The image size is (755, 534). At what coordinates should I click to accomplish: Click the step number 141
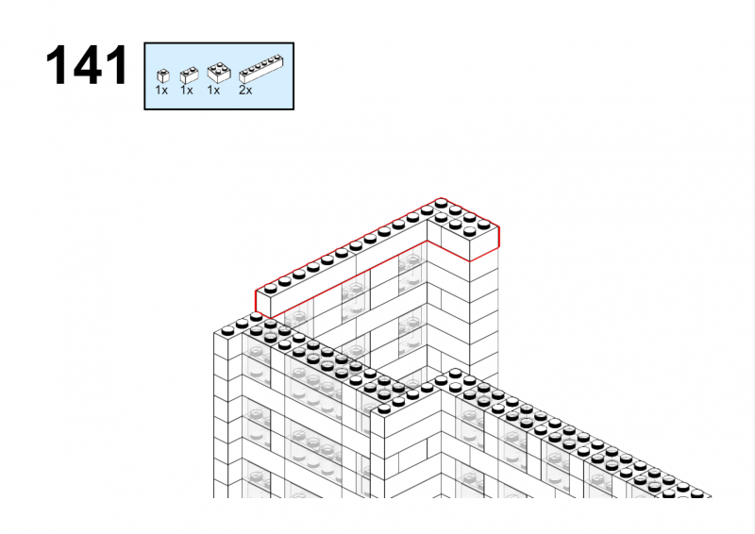[87, 65]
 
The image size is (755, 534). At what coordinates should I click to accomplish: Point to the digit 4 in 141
[87, 65]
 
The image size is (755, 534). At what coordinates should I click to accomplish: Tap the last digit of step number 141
[116, 65]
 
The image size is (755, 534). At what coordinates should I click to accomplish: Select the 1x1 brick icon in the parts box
[163, 76]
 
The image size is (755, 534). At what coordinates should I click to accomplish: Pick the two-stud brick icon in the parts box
[190, 75]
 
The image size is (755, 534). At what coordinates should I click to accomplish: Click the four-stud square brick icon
[219, 73]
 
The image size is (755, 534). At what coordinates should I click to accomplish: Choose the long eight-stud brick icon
[260, 69]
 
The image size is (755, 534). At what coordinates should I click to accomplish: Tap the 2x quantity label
[245, 91]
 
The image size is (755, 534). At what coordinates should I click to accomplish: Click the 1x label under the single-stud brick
[161, 91]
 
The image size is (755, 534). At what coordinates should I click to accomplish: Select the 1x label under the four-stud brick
[213, 91]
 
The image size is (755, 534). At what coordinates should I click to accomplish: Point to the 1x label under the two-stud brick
[186, 91]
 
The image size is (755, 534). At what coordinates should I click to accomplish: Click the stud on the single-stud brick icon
[163, 72]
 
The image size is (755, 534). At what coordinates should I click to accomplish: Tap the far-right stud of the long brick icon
[277, 58]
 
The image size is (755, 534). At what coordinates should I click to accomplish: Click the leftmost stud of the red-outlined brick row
[271, 289]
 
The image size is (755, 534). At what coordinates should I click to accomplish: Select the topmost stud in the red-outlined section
[441, 204]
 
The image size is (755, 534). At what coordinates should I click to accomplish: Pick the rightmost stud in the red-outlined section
[484, 225]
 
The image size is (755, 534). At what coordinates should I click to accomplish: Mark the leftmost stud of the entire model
[227, 330]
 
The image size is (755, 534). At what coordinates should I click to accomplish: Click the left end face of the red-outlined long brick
[263, 304]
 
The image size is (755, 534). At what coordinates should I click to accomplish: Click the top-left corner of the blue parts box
[144, 42]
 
